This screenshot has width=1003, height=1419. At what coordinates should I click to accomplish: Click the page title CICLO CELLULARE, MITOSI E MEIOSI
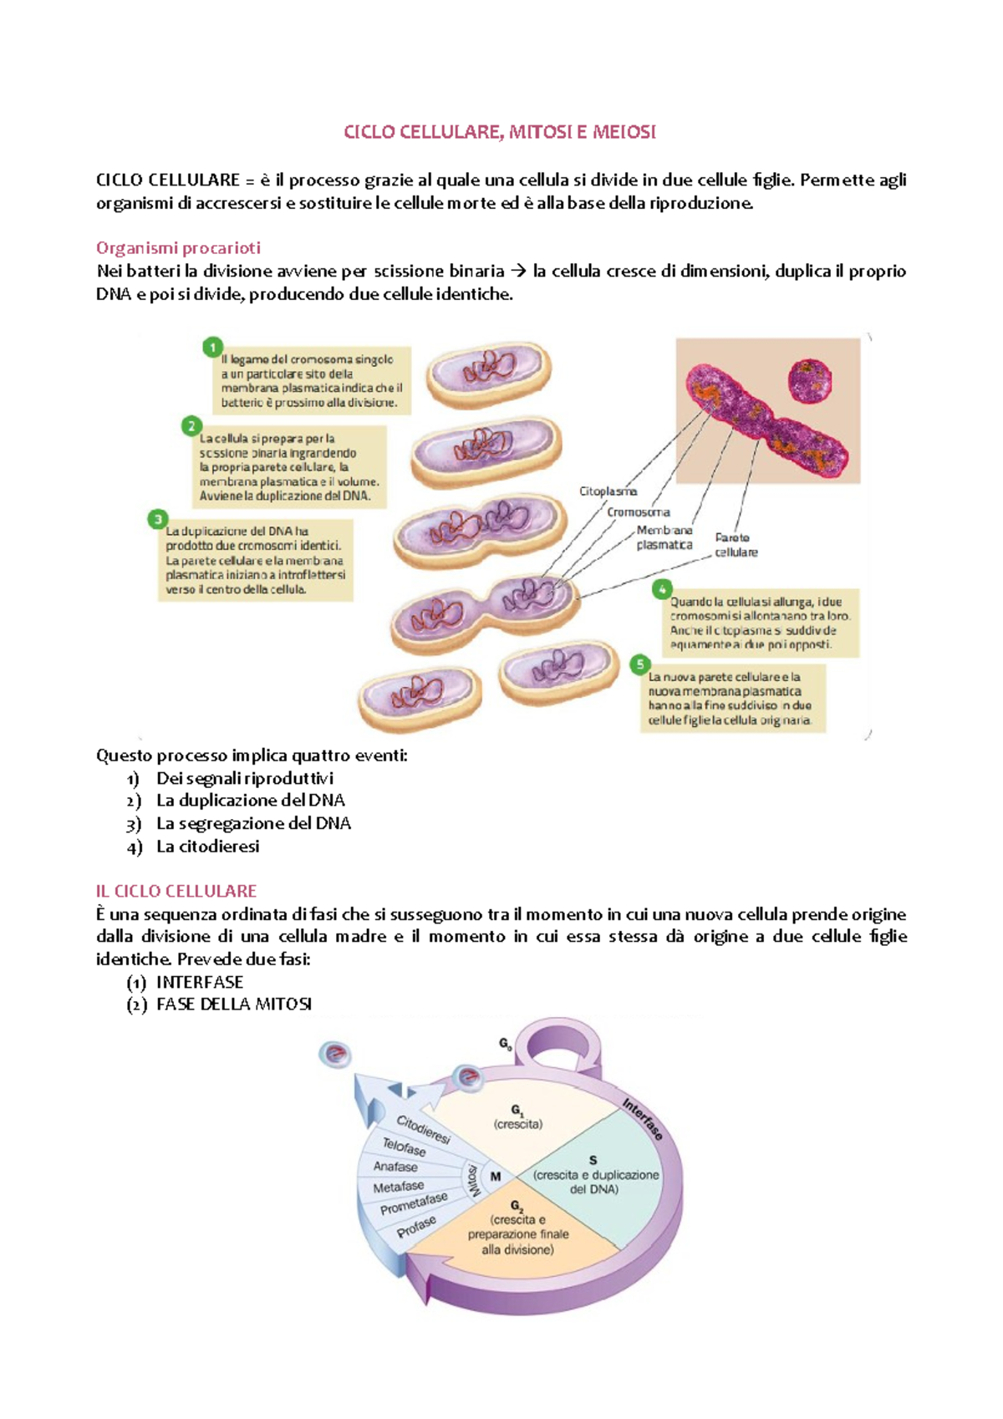[x=500, y=132]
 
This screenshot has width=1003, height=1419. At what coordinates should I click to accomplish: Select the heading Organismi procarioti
[x=178, y=248]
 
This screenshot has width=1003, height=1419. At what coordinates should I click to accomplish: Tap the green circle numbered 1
[x=213, y=346]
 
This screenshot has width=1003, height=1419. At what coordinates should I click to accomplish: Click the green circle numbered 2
[x=191, y=426]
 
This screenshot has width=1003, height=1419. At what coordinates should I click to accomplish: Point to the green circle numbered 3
[x=157, y=519]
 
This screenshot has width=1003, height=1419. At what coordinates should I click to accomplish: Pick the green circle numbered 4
[x=662, y=589]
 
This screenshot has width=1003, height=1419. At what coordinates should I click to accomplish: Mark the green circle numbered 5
[x=639, y=664]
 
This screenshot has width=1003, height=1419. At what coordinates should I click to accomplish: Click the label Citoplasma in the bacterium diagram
[x=608, y=491]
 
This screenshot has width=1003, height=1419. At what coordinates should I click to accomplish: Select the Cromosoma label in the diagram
[x=638, y=512]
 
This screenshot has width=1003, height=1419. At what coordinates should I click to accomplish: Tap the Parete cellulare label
[x=736, y=545]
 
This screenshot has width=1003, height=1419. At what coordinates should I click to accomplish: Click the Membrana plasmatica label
[x=664, y=537]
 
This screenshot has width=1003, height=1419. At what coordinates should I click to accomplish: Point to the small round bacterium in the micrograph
[x=810, y=379]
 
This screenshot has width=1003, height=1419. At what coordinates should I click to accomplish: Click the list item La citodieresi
[x=207, y=847]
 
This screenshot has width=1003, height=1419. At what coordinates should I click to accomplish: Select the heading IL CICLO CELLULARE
[x=176, y=891]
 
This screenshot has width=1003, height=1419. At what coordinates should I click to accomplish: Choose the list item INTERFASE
[x=199, y=982]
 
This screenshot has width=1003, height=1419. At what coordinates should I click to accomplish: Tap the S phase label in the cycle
[x=593, y=1161]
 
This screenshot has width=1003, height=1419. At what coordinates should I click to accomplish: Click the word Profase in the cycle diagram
[x=416, y=1227]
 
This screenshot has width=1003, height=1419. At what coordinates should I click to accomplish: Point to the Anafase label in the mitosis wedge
[x=395, y=1167]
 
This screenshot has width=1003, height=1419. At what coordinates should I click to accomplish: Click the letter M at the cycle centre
[x=496, y=1177]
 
